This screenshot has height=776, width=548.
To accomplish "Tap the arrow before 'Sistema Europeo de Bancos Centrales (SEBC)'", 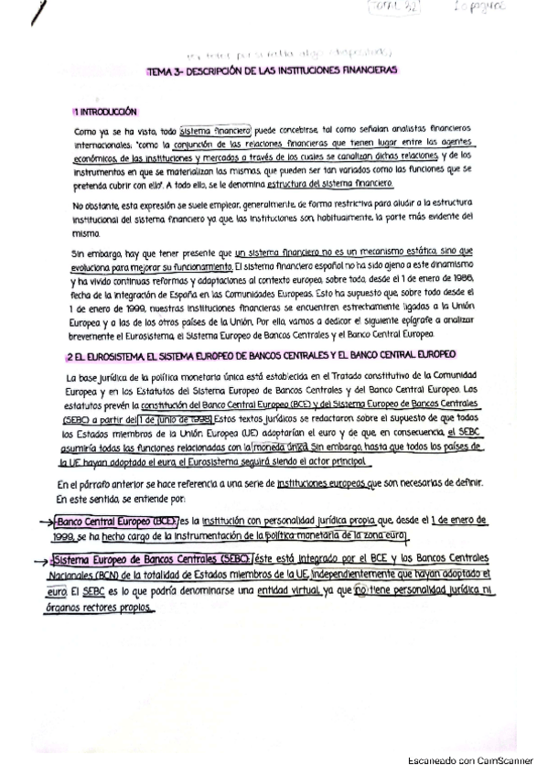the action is tap(39, 559).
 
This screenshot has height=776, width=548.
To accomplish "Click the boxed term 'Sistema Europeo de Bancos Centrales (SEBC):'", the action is tap(155, 558).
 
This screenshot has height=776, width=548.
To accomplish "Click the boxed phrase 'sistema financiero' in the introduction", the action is tap(209, 131).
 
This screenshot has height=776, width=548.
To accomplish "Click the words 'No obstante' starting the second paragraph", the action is tap(95, 205).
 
